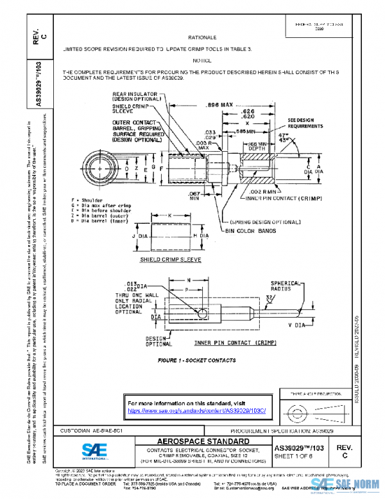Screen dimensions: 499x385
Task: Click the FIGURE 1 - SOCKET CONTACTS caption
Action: (x=196, y=360)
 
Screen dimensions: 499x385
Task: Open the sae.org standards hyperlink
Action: (x=201, y=410)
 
